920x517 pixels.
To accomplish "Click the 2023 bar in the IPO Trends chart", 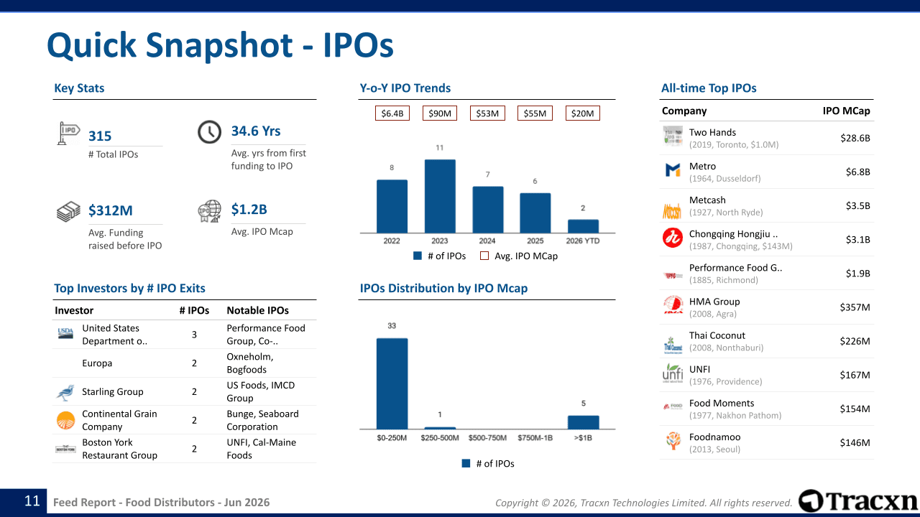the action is pyautogui.click(x=440, y=196).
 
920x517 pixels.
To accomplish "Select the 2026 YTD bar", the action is pyautogui.click(x=583, y=226).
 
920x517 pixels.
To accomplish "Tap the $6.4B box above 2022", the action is pyautogui.click(x=392, y=113).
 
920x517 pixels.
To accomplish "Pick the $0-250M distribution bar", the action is pyautogui.click(x=392, y=383).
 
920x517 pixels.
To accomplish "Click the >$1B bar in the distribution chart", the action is pyautogui.click(x=583, y=422).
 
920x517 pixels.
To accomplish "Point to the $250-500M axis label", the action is pyautogui.click(x=439, y=438).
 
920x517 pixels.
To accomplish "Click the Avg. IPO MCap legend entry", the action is pyautogui.click(x=519, y=256).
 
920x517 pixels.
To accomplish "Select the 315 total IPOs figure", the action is pyautogui.click(x=100, y=136).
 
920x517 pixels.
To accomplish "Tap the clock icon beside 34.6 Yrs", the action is pyautogui.click(x=209, y=132).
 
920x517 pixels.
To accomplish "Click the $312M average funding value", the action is pyautogui.click(x=111, y=210).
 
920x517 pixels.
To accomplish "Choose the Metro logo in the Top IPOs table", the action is pyautogui.click(x=673, y=169).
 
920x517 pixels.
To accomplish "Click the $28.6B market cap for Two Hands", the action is pyautogui.click(x=855, y=138).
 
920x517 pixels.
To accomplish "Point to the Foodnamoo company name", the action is pyautogui.click(x=714, y=437).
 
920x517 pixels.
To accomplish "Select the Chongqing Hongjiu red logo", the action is pyautogui.click(x=673, y=238).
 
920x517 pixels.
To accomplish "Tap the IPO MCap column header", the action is pyautogui.click(x=846, y=111).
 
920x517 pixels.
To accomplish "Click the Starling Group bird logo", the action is pyautogui.click(x=65, y=392).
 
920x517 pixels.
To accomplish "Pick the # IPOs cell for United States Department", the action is pyautogui.click(x=194, y=335).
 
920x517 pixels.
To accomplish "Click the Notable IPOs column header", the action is pyautogui.click(x=257, y=310).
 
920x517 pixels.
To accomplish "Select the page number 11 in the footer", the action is pyautogui.click(x=32, y=501).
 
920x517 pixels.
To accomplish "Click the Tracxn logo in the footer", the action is pyautogui.click(x=857, y=501).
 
